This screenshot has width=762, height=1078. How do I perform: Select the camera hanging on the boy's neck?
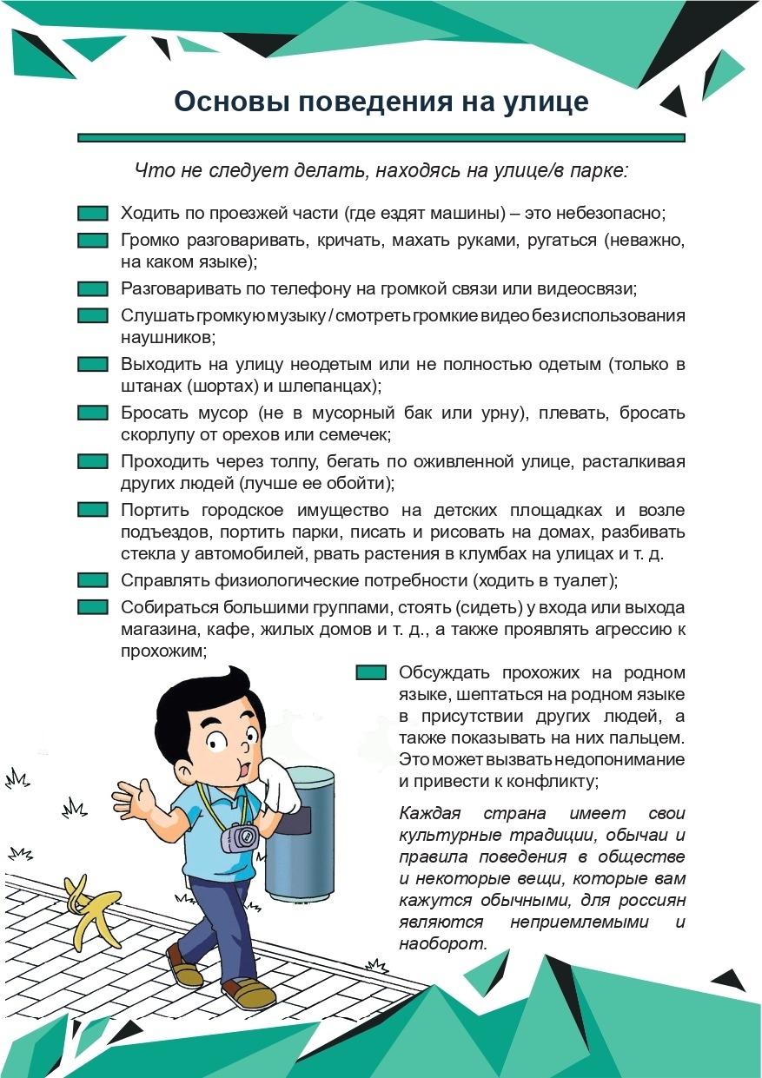[x=239, y=837]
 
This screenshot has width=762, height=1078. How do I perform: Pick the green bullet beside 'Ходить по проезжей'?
[x=92, y=214]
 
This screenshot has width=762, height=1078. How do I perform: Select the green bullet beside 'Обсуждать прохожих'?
[x=371, y=673]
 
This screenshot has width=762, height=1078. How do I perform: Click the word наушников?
[x=165, y=337]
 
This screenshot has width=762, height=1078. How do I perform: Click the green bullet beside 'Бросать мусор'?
[x=92, y=413]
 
